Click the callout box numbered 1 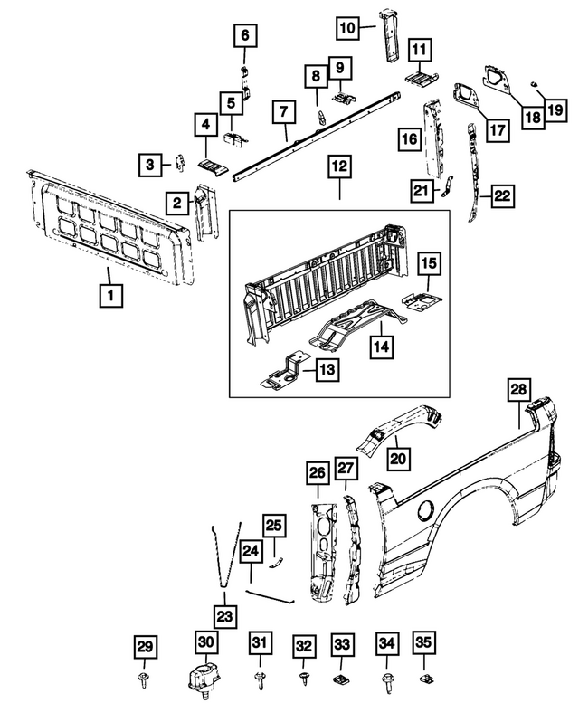coord(111,295)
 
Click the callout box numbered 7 coord(284,114)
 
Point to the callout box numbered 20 coord(398,460)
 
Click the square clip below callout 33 coord(343,678)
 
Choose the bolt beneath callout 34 coord(386,678)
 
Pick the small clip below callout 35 coord(423,677)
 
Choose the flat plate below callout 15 coord(422,299)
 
